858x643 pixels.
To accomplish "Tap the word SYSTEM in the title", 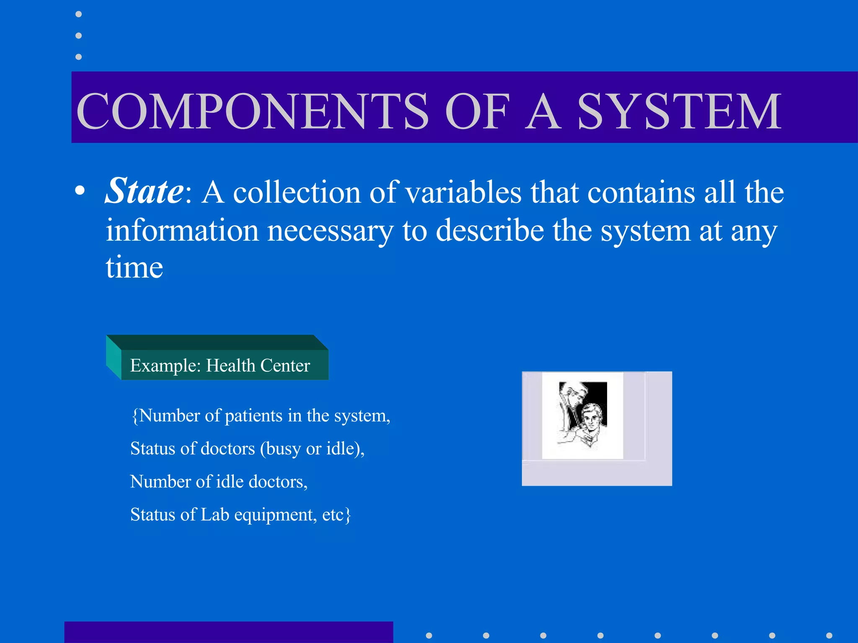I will [x=679, y=111].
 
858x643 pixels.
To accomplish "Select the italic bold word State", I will [x=144, y=191].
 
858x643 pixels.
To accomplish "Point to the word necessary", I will [x=330, y=231].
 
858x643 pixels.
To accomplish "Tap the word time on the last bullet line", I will [x=134, y=267].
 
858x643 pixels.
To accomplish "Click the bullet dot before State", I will [x=80, y=192].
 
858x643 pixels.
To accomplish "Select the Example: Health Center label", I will [x=220, y=365].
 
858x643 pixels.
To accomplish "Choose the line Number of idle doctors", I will [x=219, y=482].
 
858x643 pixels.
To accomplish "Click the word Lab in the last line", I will [x=214, y=515].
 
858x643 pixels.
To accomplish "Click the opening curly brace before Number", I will [x=134, y=416].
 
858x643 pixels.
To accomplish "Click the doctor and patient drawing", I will [x=582, y=415].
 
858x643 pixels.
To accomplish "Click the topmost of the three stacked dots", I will [x=78, y=15].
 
